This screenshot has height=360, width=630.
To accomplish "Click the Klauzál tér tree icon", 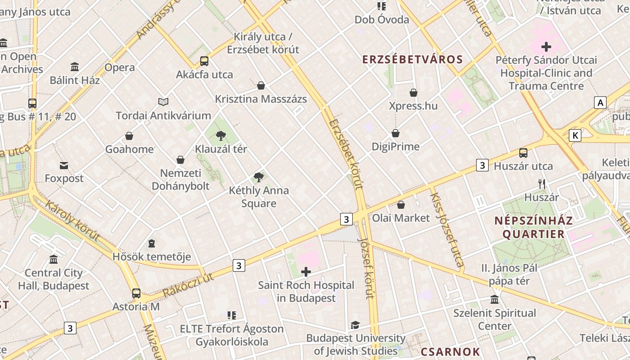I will tap(220, 135).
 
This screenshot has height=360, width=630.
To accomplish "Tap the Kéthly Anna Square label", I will tap(259, 197).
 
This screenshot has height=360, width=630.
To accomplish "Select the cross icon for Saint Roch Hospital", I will tap(306, 272).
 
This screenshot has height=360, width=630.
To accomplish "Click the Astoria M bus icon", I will tap(136, 293).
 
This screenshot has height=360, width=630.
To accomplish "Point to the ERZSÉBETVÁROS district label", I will tap(413, 59).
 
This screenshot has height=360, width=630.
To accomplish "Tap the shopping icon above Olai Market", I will tap(401, 205).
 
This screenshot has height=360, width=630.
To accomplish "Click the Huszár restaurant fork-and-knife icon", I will tap(542, 184).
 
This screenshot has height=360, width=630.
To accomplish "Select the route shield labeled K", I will tap(575, 135).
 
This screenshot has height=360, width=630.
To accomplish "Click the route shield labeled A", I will tap(600, 103).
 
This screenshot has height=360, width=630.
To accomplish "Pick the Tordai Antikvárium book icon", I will tap(163, 102).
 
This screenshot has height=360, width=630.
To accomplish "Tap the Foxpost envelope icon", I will tap(64, 166).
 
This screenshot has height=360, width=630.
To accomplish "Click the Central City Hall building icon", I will tap(54, 259).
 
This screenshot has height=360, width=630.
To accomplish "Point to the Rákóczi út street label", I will tap(188, 286).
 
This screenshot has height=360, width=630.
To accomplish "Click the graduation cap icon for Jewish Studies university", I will tap(355, 325).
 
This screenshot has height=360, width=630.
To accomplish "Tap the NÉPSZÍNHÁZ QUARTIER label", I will tap(533, 227).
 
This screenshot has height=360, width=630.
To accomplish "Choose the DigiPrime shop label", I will tap(396, 147).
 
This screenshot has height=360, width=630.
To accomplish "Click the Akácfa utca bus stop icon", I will tap(204, 61).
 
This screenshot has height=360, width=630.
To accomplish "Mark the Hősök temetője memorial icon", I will tap(152, 243).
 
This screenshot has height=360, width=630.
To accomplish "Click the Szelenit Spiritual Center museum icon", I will tap(495, 300).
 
